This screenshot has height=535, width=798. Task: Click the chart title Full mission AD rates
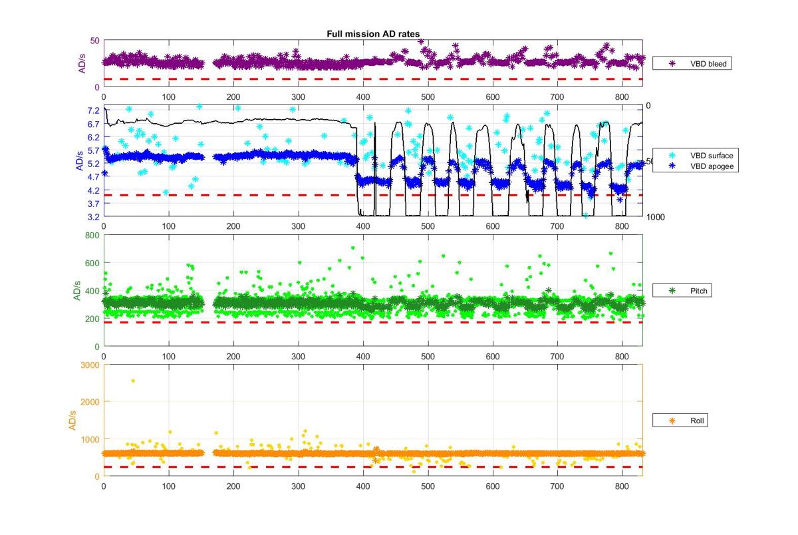(373, 33)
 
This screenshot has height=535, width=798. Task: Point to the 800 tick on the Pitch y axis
(92, 235)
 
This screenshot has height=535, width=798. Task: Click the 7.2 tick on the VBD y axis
(93, 110)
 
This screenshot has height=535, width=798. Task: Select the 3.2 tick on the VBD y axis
(93, 217)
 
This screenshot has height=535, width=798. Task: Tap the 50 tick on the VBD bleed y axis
(95, 41)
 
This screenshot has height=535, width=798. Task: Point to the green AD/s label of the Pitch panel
(77, 291)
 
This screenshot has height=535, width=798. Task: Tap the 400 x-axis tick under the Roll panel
(363, 487)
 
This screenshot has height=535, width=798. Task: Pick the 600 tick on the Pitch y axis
(92, 263)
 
